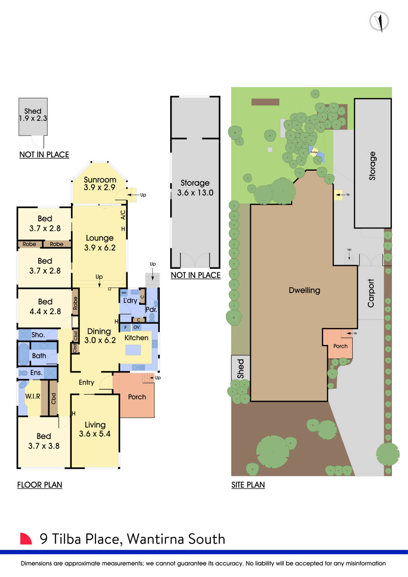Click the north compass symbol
(379, 21)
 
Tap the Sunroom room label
(100, 180)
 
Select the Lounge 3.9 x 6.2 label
(99, 243)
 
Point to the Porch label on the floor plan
(137, 397)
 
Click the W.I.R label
(32, 396)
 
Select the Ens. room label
(36, 373)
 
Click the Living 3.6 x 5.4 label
(95, 429)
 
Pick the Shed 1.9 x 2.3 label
(33, 115)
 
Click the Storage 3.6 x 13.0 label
(195, 188)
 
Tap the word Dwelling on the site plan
(304, 290)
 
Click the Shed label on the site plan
(240, 369)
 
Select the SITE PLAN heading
(248, 484)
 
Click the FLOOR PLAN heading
(40, 484)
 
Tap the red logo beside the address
(26, 539)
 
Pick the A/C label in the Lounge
(123, 215)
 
